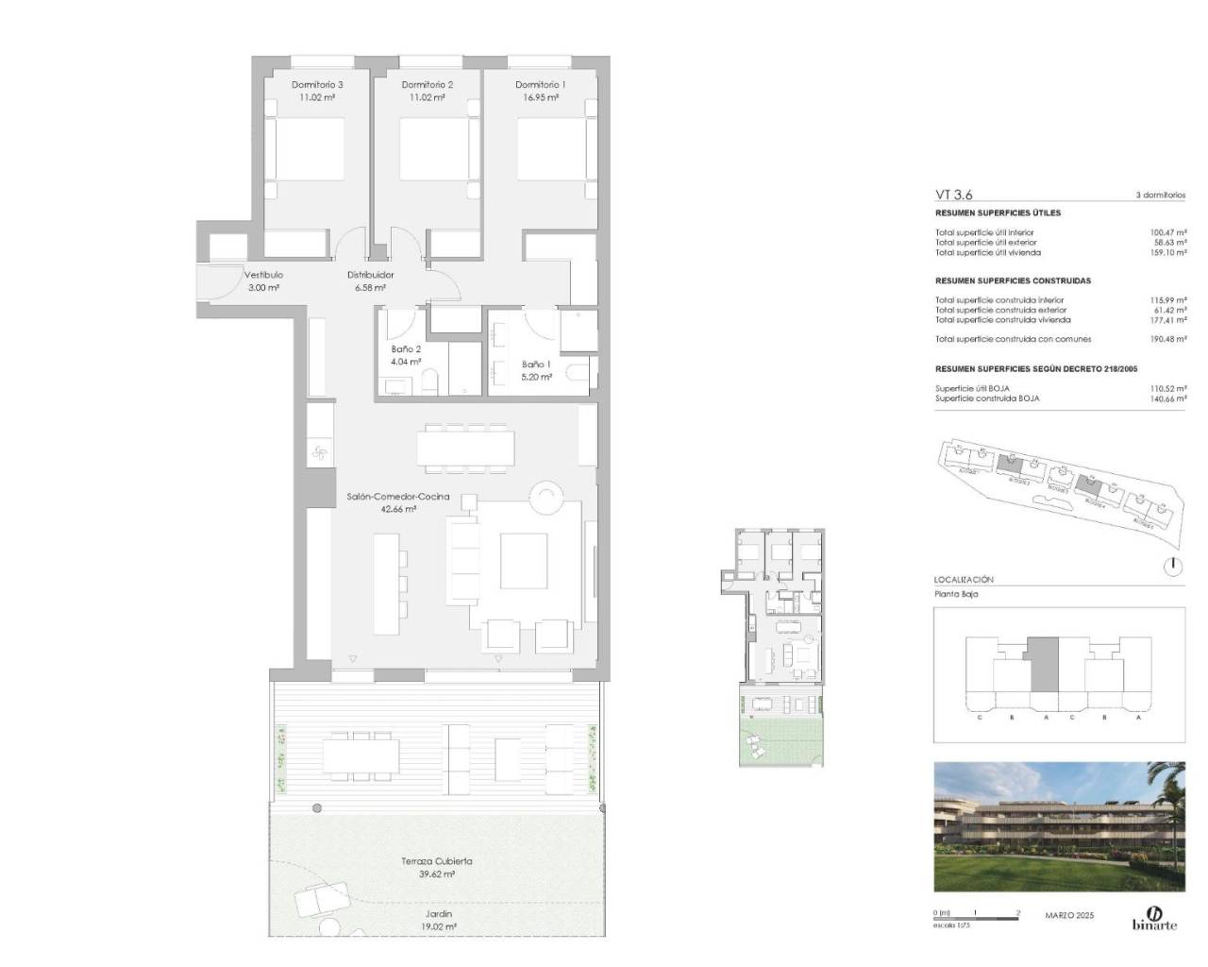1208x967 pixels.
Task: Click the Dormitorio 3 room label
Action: (317, 84)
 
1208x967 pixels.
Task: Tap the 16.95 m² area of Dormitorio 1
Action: (541, 97)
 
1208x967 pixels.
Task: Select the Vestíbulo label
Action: (264, 275)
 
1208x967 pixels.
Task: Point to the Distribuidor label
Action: (371, 275)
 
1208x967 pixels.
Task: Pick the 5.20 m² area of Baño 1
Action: (536, 376)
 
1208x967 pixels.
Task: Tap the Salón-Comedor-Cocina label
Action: (397, 496)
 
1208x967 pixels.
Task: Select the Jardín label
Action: (439, 914)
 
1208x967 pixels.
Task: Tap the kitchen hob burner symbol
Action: (318, 454)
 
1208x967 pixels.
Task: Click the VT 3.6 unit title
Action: (953, 195)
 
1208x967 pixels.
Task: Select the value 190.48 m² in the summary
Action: (1167, 339)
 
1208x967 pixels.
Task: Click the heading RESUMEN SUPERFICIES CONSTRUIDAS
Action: (1013, 280)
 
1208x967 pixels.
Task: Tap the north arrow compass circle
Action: (1172, 567)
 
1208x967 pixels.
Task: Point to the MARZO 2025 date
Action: (1069, 915)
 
